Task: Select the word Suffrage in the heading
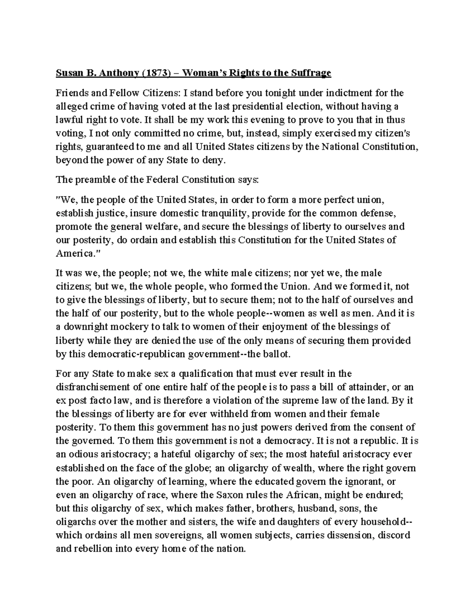(311, 73)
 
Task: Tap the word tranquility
(224, 213)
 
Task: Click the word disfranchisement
(95, 387)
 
